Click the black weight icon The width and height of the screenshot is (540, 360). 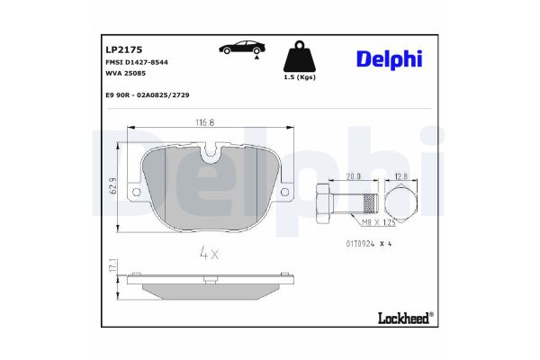pyautogui.click(x=298, y=58)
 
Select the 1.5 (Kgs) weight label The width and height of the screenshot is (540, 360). pyautogui.click(x=299, y=78)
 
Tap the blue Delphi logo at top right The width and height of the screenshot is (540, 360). pyautogui.click(x=389, y=59)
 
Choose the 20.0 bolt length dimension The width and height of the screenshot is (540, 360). pyautogui.click(x=354, y=177)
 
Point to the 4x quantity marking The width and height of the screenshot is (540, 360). pyautogui.click(x=209, y=253)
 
